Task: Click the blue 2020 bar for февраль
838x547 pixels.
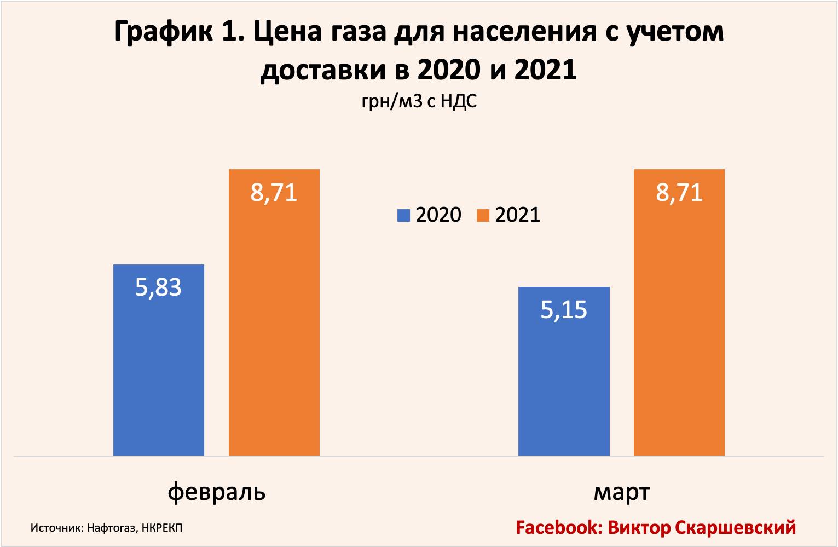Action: pos(158,372)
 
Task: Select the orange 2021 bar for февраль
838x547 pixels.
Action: pos(274,329)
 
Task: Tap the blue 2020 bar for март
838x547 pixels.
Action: pos(564,383)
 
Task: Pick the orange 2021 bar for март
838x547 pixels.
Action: pos(679,329)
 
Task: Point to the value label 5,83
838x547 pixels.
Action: pos(158,287)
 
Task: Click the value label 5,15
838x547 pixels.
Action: pos(564,310)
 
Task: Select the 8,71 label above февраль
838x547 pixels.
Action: pos(274,193)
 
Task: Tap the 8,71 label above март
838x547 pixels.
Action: pos(679,193)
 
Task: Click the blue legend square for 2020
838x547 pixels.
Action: pos(404,215)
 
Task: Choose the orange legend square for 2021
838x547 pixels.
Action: pos(483,215)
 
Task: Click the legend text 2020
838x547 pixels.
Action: pos(438,215)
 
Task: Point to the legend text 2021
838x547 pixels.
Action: pos(518,215)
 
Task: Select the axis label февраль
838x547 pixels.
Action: pos(217,491)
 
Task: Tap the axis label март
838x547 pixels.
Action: pos(621,491)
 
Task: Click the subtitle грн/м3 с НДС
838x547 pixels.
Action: pos(419,101)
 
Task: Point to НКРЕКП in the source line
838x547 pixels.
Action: pos(162,528)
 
